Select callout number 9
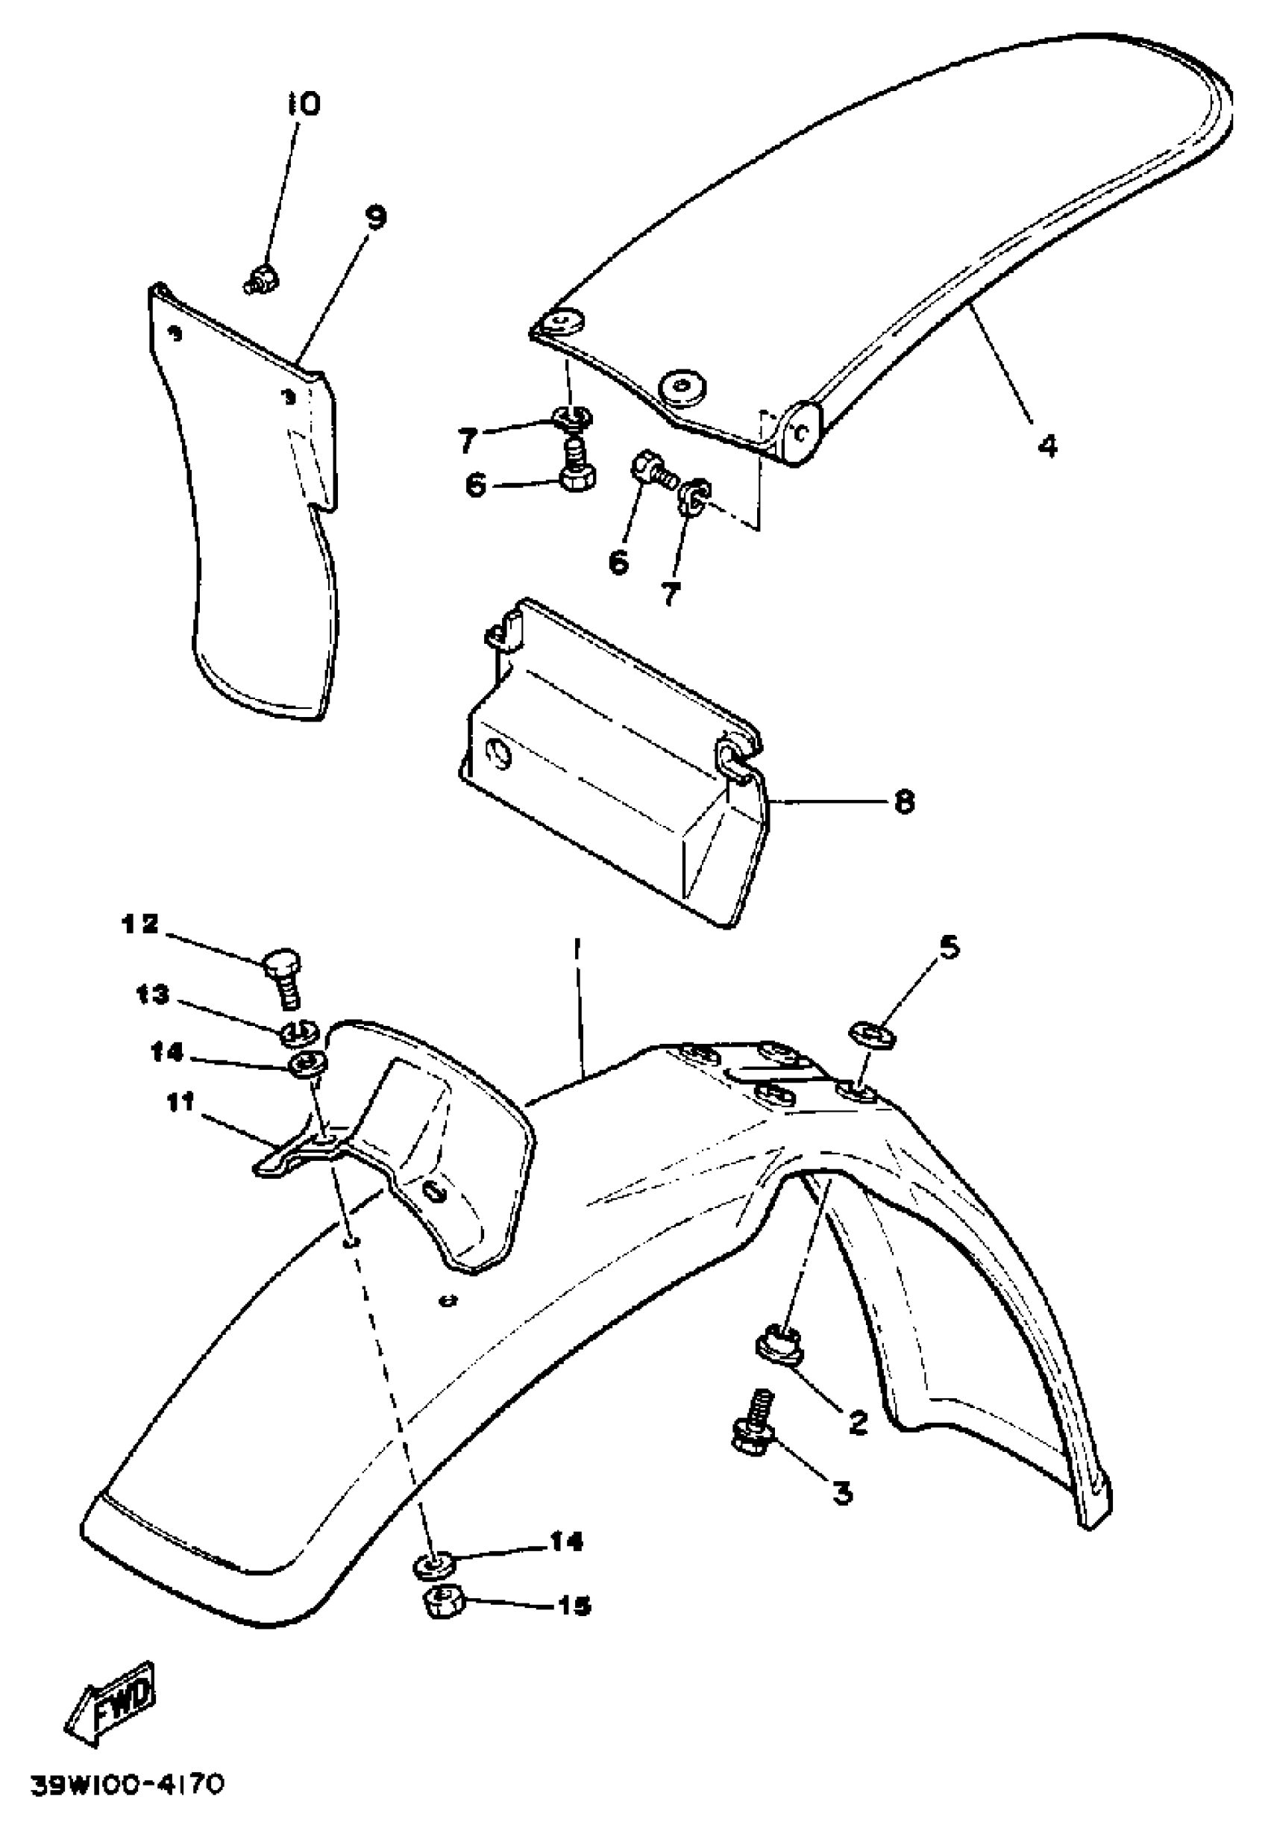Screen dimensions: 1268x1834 coord(375,216)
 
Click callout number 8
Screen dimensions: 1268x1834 coord(903,801)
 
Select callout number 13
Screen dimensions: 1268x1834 coord(153,994)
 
